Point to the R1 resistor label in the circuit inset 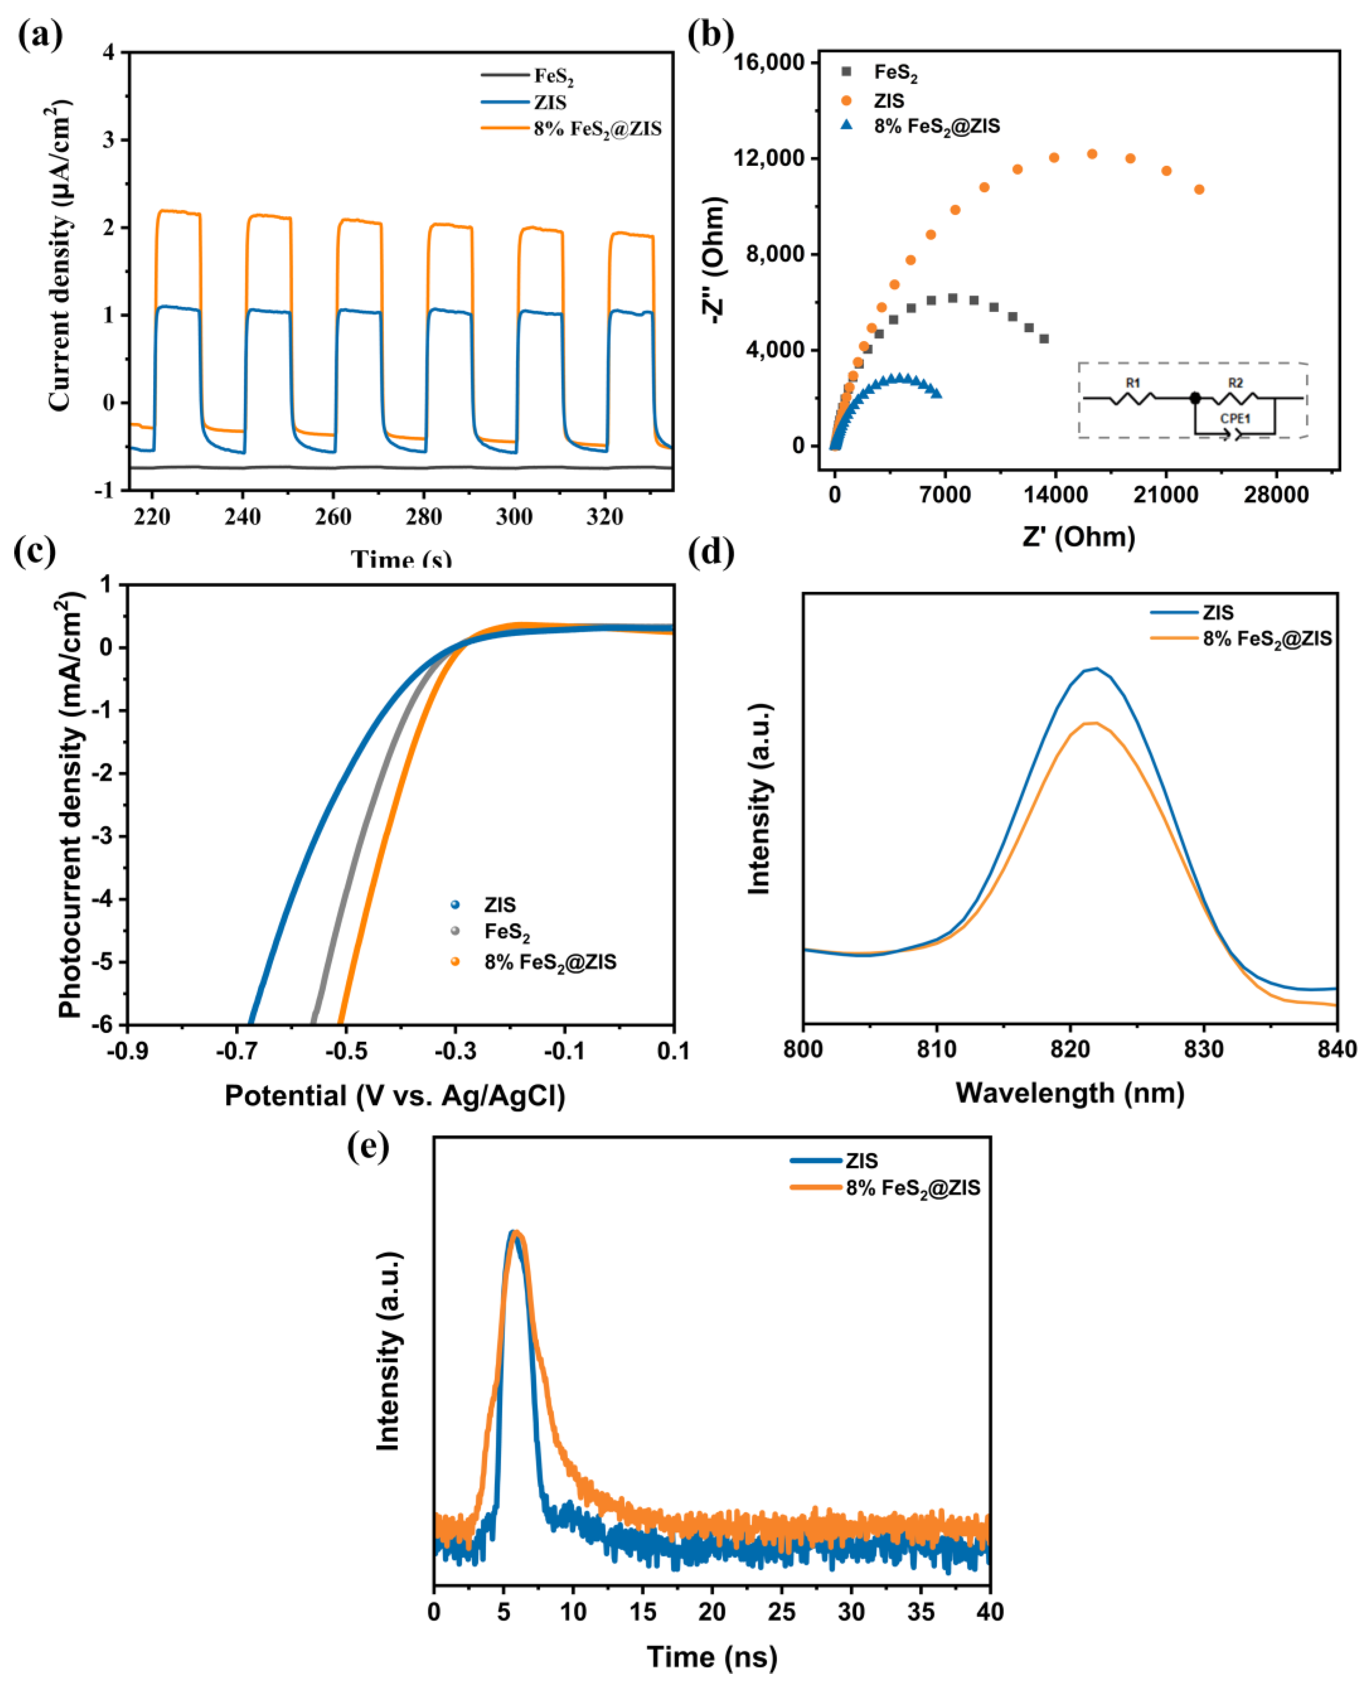point(1133,383)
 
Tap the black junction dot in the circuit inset point(1195,399)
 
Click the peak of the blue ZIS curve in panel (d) point(1095,668)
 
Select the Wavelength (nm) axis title point(1069,1093)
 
